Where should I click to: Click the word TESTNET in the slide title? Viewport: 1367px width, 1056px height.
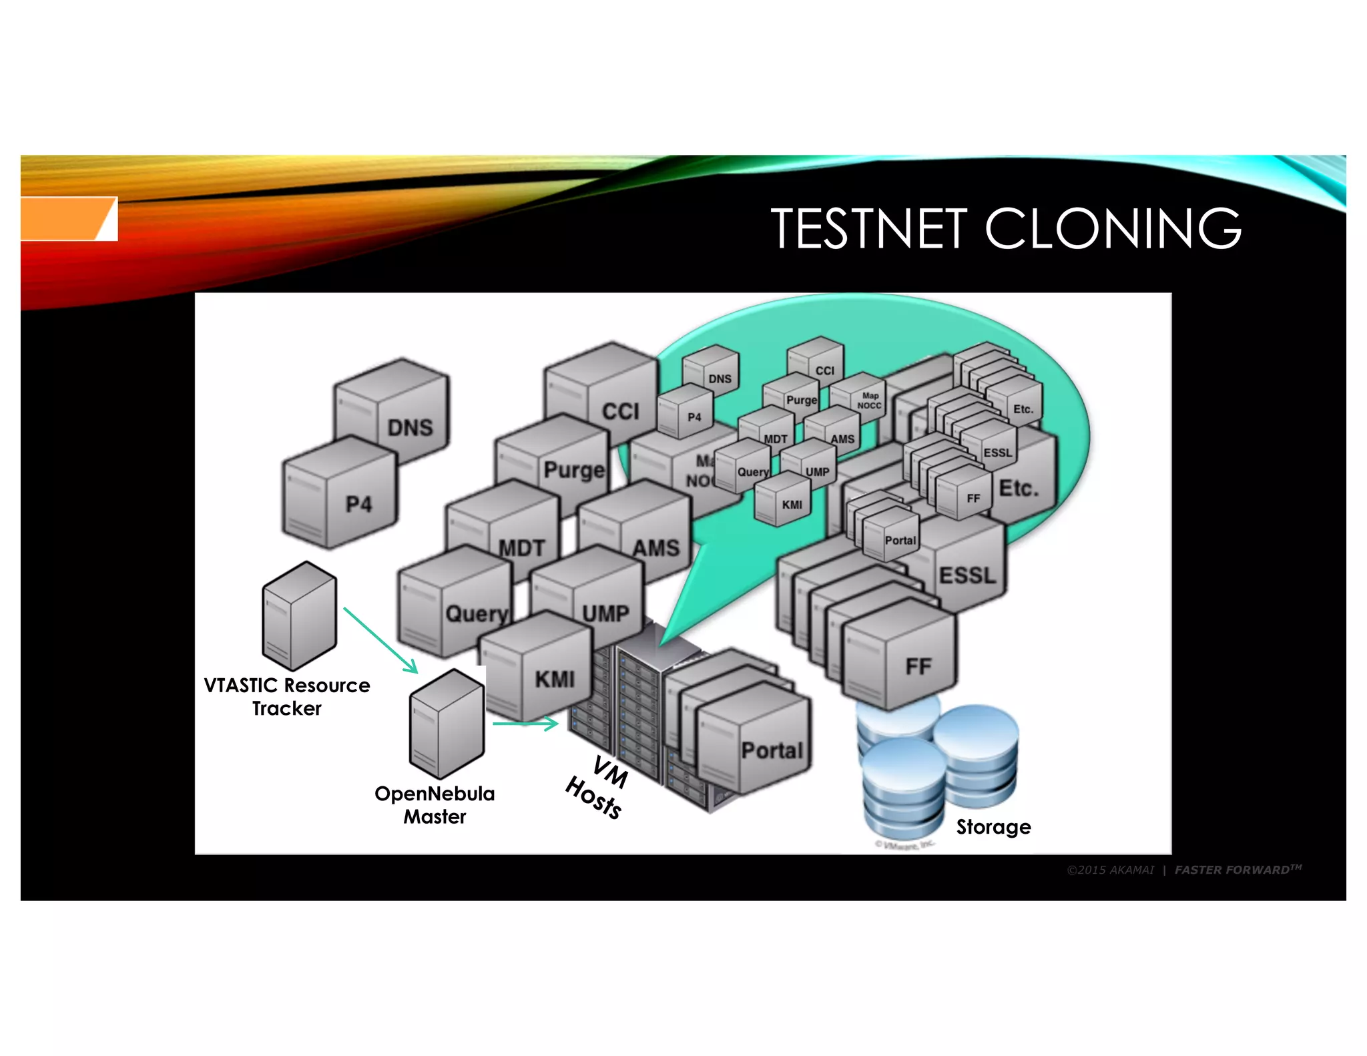point(868,228)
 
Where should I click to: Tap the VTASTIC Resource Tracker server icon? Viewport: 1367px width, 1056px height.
point(299,615)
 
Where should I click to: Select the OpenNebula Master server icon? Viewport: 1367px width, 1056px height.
point(447,724)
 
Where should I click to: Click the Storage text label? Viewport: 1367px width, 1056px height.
point(993,827)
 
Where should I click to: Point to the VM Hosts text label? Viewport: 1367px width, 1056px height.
point(596,788)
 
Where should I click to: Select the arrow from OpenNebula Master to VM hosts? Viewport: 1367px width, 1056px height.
point(525,723)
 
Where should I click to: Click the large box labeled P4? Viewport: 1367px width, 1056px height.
point(339,494)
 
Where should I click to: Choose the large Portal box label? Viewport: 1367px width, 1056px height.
point(772,750)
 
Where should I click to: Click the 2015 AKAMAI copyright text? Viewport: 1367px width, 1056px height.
point(1110,870)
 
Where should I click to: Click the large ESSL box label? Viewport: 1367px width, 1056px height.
point(967,575)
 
